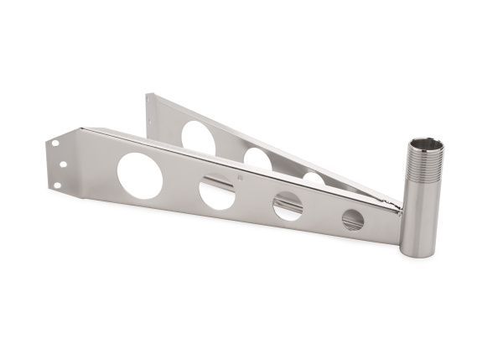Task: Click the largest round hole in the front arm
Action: (139, 175)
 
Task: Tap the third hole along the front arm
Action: (288, 206)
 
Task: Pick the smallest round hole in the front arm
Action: (353, 220)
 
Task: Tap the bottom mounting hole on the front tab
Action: (57, 185)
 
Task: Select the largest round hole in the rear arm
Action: (198, 137)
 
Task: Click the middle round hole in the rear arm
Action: (257, 159)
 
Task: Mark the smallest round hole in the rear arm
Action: (313, 179)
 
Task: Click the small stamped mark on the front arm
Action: (241, 177)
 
